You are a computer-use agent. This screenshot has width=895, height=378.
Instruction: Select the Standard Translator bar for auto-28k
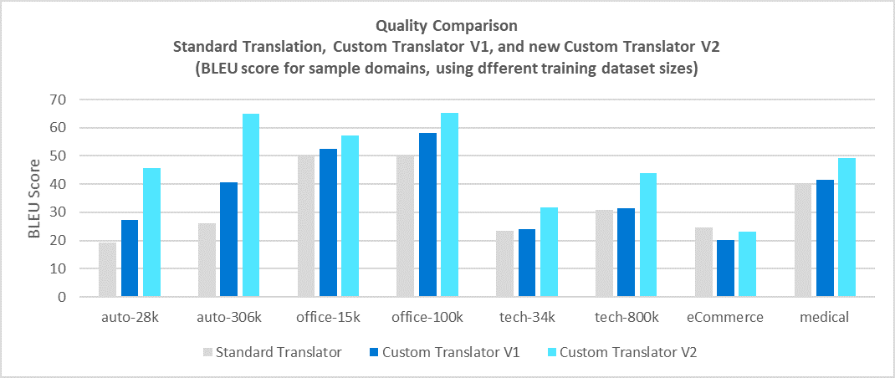point(108,269)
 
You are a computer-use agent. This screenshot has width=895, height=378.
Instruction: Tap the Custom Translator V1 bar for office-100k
point(427,215)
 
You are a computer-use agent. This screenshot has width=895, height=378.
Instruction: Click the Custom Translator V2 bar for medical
point(846,227)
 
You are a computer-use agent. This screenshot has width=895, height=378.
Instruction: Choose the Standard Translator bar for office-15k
point(306,226)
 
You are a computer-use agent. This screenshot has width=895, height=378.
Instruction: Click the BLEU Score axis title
point(34,198)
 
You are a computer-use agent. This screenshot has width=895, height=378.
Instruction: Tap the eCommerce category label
point(725,318)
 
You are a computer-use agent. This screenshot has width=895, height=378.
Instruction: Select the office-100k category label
point(427,318)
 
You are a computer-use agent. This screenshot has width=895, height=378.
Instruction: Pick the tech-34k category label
point(527,318)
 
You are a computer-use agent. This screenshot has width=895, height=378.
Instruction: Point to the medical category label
point(824,318)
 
